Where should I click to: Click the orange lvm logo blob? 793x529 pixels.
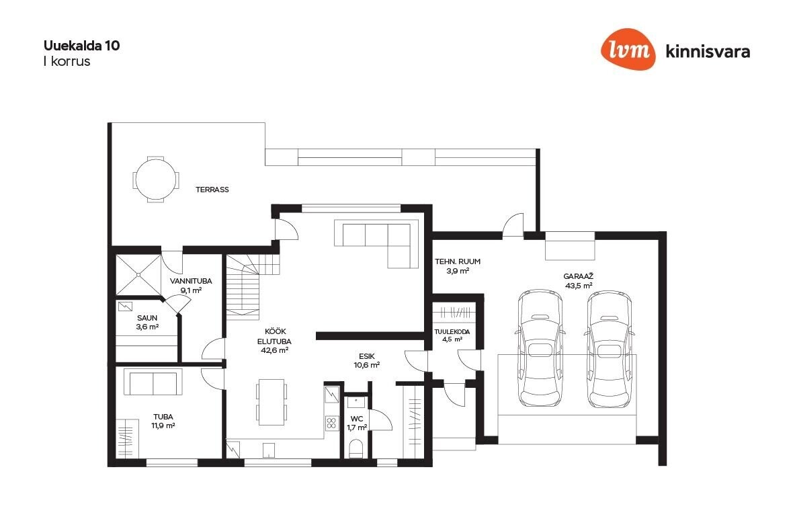[x=628, y=49]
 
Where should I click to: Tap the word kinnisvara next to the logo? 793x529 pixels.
[x=708, y=52]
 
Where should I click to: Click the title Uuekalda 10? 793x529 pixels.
[x=81, y=46]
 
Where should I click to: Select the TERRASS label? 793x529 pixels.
[x=212, y=190]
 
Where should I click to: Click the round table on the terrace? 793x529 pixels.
[x=156, y=179]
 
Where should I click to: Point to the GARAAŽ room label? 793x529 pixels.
[x=578, y=277]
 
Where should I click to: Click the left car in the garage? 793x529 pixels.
[x=540, y=348]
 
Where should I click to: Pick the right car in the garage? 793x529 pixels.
[x=610, y=348]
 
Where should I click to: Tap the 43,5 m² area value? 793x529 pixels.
[x=579, y=286]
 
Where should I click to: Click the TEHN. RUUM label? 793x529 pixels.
[x=458, y=261]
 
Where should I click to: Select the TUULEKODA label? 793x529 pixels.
[x=452, y=332]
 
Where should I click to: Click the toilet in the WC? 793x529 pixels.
[x=357, y=448]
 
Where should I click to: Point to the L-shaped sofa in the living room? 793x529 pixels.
[x=376, y=243]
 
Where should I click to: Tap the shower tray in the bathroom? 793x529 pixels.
[x=138, y=275]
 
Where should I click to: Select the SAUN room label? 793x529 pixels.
[x=147, y=318]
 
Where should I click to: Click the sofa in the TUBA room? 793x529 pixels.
[x=153, y=383]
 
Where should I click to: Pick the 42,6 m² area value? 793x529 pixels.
[x=274, y=350]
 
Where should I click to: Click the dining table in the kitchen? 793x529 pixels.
[x=271, y=402]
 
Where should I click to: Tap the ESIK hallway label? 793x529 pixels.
[x=367, y=356]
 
